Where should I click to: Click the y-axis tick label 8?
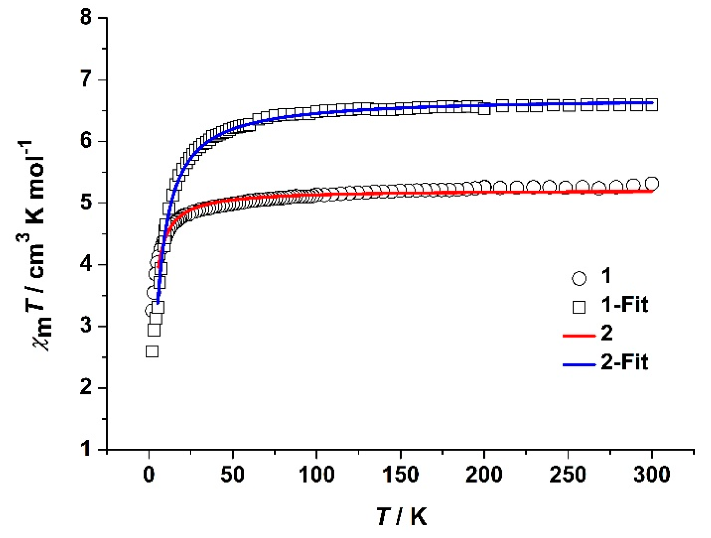coord(86,17)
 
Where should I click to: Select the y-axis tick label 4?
coord(86,264)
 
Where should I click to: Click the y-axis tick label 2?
coord(86,387)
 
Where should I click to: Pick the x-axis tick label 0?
coord(149,475)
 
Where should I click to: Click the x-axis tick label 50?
coord(233,475)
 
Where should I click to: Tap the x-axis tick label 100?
coord(316,475)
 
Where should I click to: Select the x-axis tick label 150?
coord(400,475)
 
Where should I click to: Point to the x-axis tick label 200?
coord(484,475)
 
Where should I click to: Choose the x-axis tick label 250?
coord(568,475)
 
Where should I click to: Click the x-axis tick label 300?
coord(652,475)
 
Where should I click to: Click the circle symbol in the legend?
coord(579,278)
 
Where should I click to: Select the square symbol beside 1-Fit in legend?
coord(579,307)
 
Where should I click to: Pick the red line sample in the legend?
coord(579,336)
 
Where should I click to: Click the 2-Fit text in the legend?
coord(624,362)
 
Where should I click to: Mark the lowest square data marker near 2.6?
coord(152,352)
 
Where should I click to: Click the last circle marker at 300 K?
coord(652,183)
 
